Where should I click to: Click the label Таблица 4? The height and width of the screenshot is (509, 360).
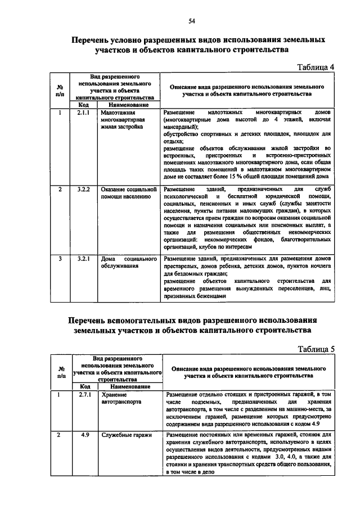[x=315, y=67]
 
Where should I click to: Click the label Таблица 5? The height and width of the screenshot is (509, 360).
[x=316, y=348]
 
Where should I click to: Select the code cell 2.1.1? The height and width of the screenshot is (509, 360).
[x=84, y=112]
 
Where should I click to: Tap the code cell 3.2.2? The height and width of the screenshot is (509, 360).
[x=84, y=189]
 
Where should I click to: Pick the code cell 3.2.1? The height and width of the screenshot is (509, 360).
[x=84, y=259]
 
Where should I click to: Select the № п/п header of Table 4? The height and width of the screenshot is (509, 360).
[x=60, y=91]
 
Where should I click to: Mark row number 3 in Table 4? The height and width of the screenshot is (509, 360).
[x=60, y=259]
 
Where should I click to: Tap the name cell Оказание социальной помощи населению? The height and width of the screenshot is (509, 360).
[x=128, y=193]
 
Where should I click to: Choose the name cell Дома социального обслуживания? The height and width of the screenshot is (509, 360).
[x=128, y=263]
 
